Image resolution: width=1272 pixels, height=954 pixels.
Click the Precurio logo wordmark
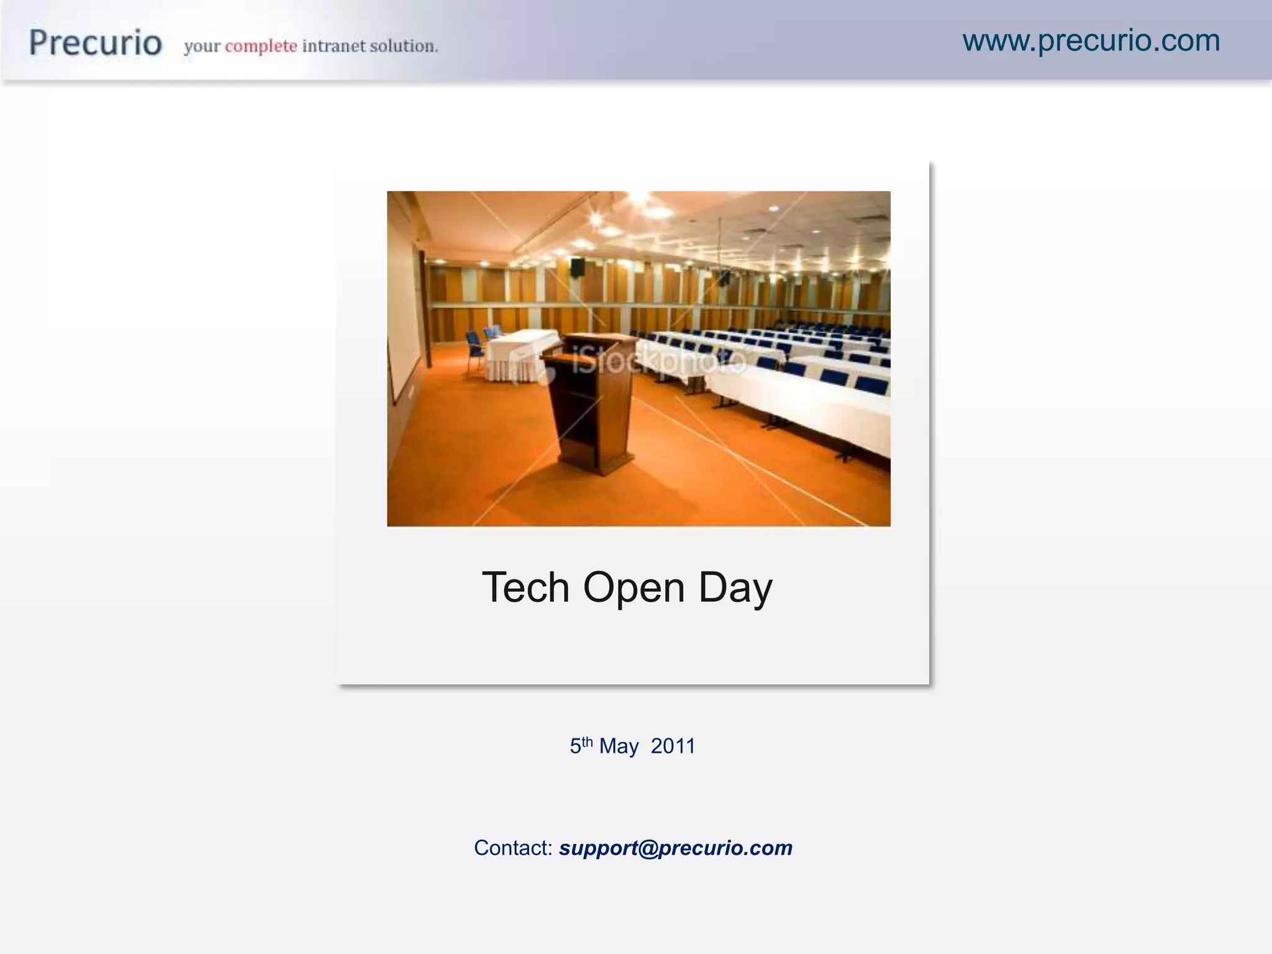click(96, 43)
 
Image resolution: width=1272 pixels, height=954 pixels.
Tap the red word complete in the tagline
click(261, 46)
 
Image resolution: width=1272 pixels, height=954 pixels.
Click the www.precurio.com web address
click(1091, 41)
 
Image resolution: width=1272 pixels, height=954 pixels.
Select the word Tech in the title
click(525, 587)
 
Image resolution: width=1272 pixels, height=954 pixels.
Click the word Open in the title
click(634, 588)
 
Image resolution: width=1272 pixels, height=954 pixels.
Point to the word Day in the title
click(735, 588)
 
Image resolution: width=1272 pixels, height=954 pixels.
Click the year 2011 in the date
click(673, 746)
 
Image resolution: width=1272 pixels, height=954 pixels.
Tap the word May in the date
click(619, 747)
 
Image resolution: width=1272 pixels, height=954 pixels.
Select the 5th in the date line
click(581, 745)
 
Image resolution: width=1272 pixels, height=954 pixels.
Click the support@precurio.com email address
click(676, 848)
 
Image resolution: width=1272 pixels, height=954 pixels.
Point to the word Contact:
click(513, 848)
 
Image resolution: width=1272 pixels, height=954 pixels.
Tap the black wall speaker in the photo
click(578, 267)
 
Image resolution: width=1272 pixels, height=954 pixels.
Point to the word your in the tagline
click(202, 47)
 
